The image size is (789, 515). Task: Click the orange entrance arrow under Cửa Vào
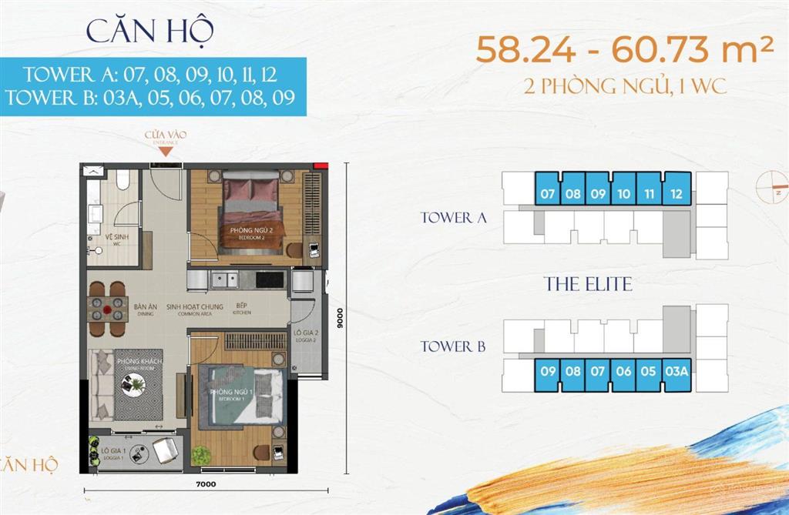[166, 151]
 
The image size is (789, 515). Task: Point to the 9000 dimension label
[337, 317]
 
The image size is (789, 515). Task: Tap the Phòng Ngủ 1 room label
[233, 395]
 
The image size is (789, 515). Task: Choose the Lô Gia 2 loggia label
[302, 337]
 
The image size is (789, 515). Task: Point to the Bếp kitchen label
[241, 309]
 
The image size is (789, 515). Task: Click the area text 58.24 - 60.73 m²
[624, 52]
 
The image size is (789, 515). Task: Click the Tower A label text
[453, 218]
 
